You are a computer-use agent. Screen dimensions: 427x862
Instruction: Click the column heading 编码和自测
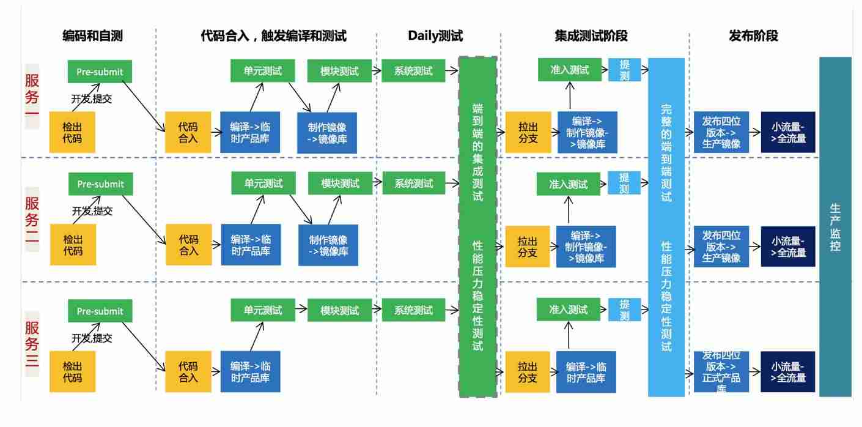pos(92,36)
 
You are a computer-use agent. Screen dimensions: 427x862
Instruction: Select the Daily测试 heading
pos(435,36)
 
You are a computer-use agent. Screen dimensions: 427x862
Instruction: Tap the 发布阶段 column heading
pos(753,36)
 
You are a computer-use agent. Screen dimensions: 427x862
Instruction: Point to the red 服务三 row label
pos(32,343)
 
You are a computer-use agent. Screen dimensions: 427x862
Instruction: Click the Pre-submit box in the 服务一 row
pos(100,72)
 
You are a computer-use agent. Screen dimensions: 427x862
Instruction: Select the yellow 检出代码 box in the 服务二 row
pos(72,245)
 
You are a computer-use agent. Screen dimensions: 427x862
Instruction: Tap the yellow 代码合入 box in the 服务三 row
pos(188,371)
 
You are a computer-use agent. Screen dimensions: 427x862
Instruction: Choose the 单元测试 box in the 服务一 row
pos(263,70)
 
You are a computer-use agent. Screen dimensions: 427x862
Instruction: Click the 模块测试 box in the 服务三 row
pos(340,310)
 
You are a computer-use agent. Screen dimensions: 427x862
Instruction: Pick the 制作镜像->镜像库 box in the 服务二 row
pos(328,245)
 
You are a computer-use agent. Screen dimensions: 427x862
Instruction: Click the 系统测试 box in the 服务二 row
pos(413,183)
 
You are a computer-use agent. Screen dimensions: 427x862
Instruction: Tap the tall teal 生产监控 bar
pos(835,226)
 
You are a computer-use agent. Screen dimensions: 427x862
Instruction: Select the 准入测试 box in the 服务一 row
pos(569,70)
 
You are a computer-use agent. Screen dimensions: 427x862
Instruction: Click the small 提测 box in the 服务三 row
pos(624,310)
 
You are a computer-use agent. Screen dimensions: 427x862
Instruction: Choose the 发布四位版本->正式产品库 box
pos(721,371)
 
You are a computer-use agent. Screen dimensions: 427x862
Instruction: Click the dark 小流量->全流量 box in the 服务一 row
pos(788,133)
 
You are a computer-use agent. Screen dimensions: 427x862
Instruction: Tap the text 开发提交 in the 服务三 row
pos(92,338)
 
